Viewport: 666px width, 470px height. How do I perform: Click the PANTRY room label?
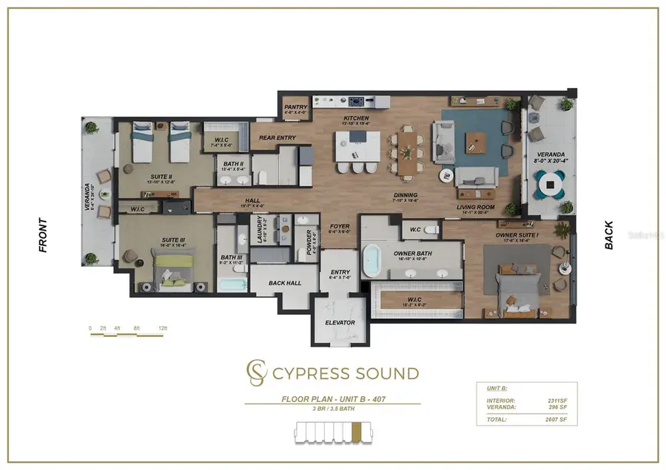click(x=296, y=107)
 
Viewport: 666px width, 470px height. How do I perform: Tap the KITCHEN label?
click(x=355, y=119)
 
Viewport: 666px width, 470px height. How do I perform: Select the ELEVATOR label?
click(x=340, y=323)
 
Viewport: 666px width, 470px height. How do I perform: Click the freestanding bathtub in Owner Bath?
click(x=369, y=262)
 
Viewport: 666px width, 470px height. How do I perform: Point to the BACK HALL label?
click(x=285, y=284)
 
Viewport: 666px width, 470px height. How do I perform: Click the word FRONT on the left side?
click(x=43, y=235)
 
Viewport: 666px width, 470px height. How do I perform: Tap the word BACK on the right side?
click(x=609, y=235)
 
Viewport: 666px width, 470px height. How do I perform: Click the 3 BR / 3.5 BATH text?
click(x=332, y=409)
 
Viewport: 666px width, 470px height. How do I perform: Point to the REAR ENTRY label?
click(x=277, y=137)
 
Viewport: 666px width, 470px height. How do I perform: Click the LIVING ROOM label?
click(x=476, y=208)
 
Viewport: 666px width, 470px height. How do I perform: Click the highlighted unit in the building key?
click(x=356, y=430)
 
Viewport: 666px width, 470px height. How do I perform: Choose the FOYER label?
click(x=340, y=228)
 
